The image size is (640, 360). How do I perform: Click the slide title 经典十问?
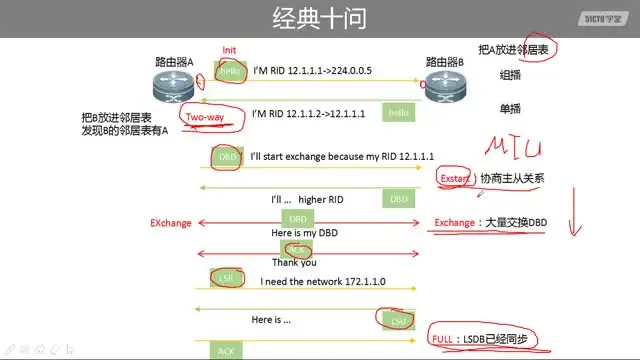(x=319, y=18)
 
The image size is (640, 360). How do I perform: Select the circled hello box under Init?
(x=231, y=72)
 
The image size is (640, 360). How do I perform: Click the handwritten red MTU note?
(x=513, y=149)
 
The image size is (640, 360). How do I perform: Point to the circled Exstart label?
(x=454, y=179)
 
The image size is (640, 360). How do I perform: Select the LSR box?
(x=223, y=277)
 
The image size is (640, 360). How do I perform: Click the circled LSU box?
(x=398, y=320)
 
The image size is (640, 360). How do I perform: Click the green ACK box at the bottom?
(x=225, y=351)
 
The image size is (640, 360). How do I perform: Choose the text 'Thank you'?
(x=294, y=263)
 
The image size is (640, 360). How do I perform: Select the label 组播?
(x=510, y=75)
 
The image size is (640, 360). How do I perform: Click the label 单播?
(x=510, y=109)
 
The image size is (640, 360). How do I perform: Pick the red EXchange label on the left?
(x=171, y=223)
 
